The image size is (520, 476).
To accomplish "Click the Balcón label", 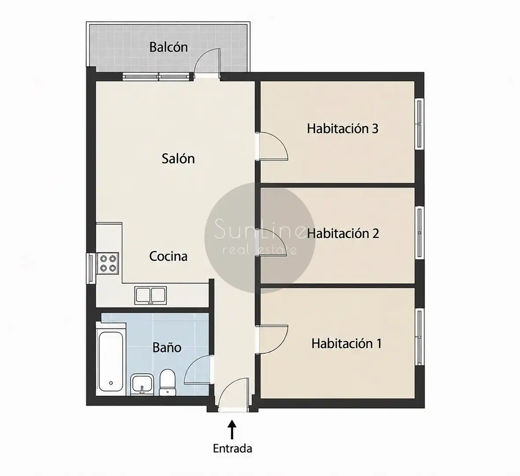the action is click(x=168, y=47).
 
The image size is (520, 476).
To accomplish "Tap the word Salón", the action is click(x=178, y=158).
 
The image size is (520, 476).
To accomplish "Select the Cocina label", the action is click(x=168, y=256).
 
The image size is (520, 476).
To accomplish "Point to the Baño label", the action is click(x=167, y=347).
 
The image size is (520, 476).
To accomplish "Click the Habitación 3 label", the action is click(x=343, y=129).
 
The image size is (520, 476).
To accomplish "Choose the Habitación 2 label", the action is click(x=343, y=233).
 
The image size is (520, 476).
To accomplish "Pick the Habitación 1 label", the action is click(x=347, y=343).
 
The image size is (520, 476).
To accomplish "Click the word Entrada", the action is click(x=232, y=448).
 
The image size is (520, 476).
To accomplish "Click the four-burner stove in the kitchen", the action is click(x=107, y=264).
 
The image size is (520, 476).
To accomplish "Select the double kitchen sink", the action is click(x=151, y=295).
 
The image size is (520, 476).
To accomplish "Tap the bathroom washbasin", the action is click(x=142, y=384).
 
